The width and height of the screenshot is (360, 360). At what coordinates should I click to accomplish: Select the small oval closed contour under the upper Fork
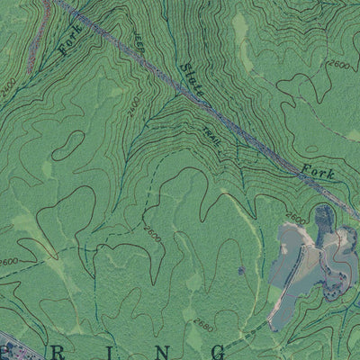65,144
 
